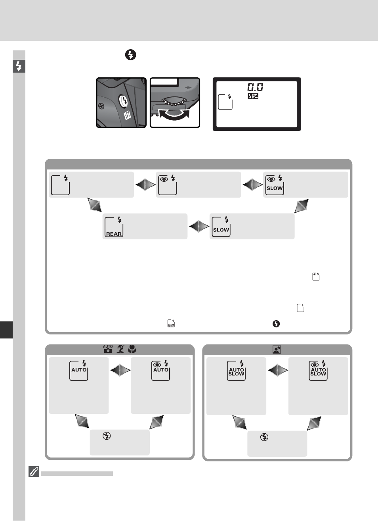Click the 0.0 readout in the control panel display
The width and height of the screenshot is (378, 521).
point(255,87)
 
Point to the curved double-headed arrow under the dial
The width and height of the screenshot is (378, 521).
point(174,115)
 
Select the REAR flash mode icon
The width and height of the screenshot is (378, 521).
point(114,227)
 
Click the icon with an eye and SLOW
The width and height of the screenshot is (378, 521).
point(275,185)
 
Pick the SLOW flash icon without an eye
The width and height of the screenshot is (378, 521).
point(221,227)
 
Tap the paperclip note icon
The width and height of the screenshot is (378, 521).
point(34,471)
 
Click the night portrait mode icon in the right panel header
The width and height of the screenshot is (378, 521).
point(277,350)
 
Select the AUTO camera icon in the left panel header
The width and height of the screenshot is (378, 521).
point(108,349)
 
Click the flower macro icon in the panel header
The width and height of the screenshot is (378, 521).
point(132,349)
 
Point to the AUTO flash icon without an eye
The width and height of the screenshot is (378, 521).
point(79,371)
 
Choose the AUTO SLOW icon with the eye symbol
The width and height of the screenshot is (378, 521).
point(318,371)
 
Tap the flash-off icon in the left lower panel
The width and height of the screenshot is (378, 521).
point(107,436)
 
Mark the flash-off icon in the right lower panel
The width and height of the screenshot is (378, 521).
point(264,437)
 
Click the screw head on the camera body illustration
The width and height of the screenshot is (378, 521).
point(101,106)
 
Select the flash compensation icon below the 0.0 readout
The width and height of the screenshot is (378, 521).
point(253,96)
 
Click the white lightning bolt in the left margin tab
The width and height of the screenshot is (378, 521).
point(19,66)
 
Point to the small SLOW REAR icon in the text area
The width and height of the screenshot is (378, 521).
point(171,323)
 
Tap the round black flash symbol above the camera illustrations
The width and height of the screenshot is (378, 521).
point(131,55)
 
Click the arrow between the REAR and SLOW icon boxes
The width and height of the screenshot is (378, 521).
point(199,227)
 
